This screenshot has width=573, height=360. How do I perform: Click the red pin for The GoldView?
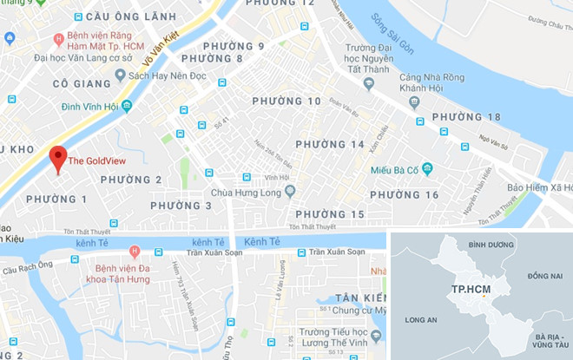click(58, 159)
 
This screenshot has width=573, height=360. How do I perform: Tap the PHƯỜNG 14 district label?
click(330, 144)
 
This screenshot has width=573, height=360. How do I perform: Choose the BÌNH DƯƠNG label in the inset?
click(491, 245)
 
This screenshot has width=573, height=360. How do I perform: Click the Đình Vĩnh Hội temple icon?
click(127, 106)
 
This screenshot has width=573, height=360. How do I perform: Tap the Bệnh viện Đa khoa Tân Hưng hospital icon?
click(134, 252)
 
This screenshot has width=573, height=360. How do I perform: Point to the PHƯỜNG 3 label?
click(181, 206)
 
